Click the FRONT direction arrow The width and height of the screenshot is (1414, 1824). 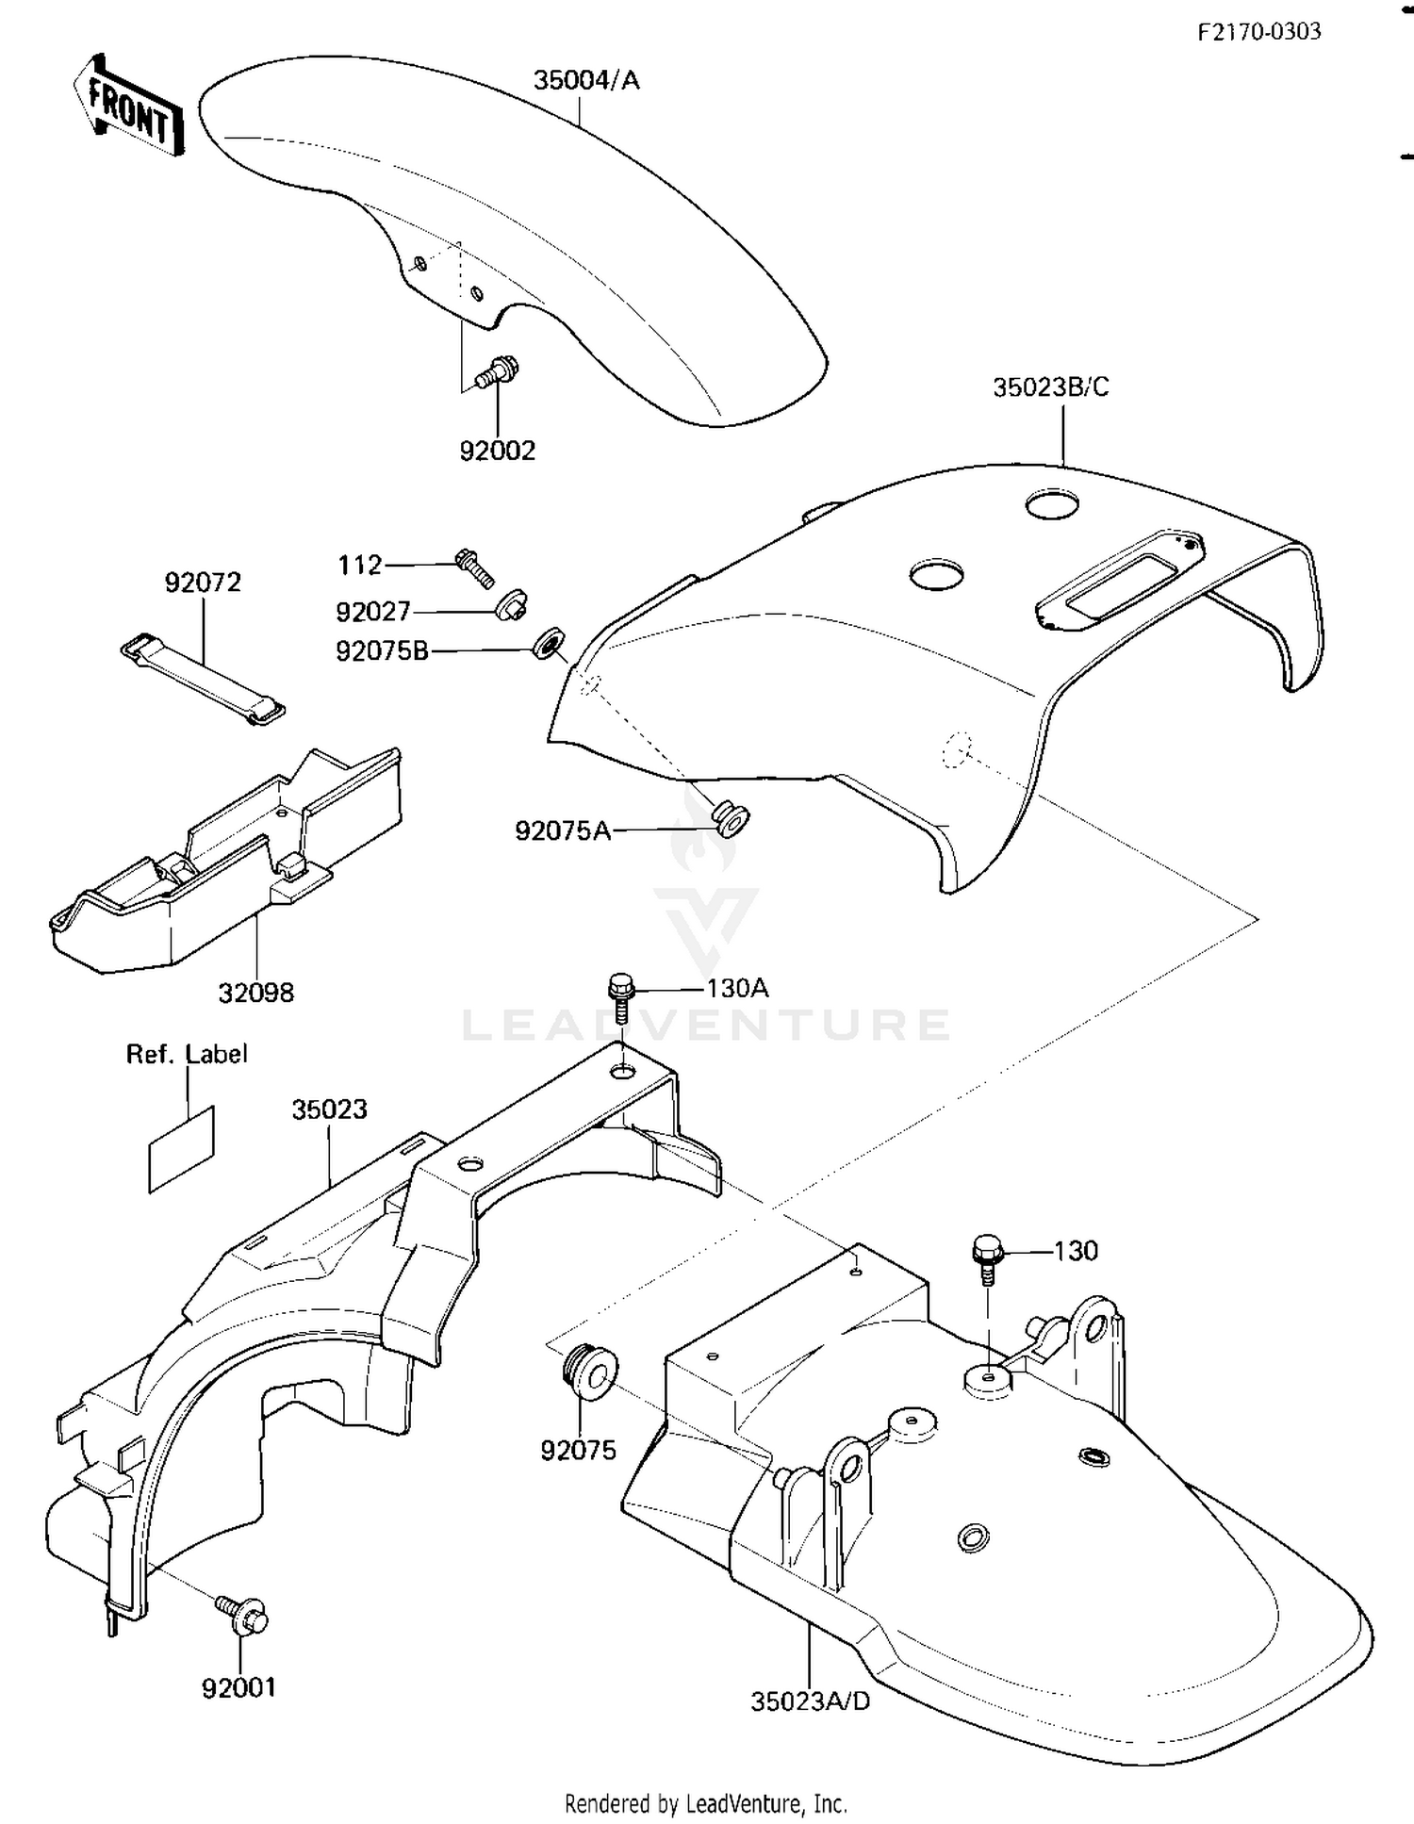[x=127, y=107]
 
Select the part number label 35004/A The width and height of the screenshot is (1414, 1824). [x=586, y=81]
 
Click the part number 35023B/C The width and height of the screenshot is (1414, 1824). [x=1050, y=387]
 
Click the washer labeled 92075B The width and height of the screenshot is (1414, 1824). [x=548, y=645]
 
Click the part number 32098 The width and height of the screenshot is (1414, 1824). [x=256, y=993]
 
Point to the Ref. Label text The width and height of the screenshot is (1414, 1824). [x=187, y=1054]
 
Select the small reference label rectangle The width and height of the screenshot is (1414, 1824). [x=182, y=1149]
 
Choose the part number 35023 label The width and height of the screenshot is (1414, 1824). [x=329, y=1109]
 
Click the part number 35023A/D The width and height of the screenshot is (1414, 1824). [x=810, y=1701]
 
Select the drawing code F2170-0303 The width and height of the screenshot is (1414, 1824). [x=1258, y=32]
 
